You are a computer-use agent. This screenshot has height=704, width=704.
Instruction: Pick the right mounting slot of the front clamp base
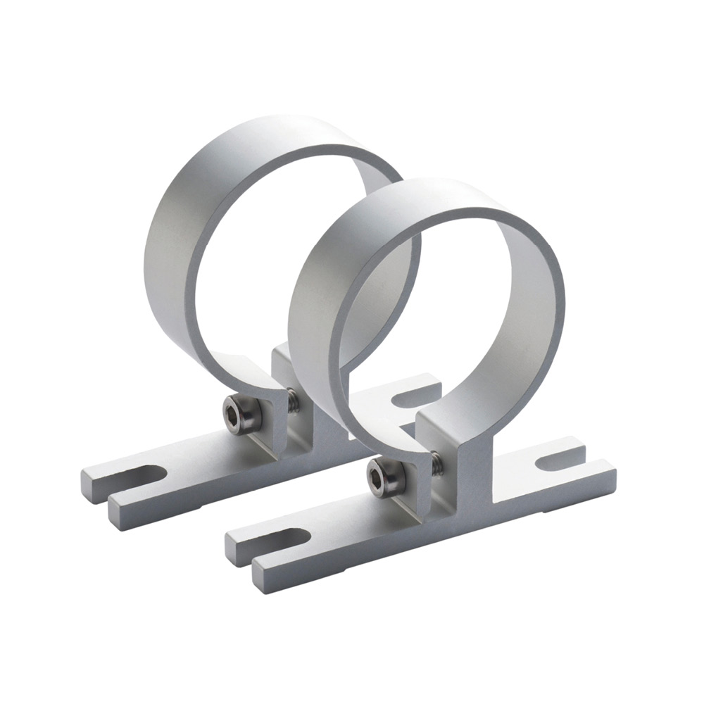click(560, 463)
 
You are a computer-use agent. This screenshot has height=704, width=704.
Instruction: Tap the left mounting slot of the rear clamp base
click(139, 476)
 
